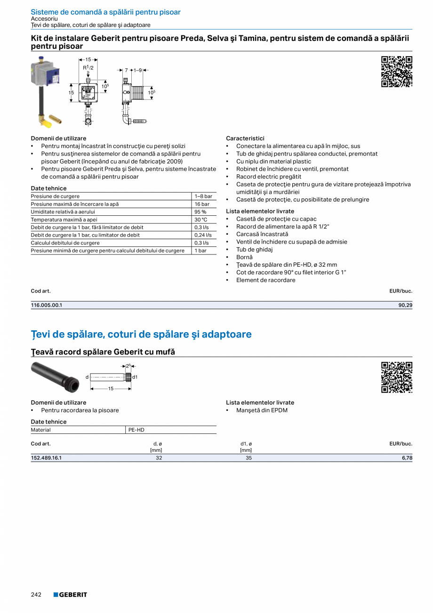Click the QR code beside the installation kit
(x=396, y=72)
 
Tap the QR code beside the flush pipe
(x=396, y=377)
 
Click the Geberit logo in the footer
(x=70, y=595)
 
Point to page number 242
(x=36, y=595)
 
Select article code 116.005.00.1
(x=47, y=305)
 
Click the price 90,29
(x=405, y=305)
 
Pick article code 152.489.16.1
(x=47, y=458)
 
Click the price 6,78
(x=407, y=458)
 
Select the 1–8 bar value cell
(x=203, y=196)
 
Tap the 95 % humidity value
(x=200, y=212)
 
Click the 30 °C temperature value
(x=201, y=220)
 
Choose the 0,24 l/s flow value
(x=203, y=235)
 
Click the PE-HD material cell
(x=136, y=430)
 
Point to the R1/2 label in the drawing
(x=88, y=68)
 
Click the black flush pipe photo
(x=55, y=376)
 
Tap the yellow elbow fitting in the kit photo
(x=47, y=123)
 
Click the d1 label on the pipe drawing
(x=135, y=377)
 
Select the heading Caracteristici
(x=245, y=139)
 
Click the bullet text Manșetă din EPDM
(x=262, y=410)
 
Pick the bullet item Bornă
(x=244, y=257)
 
